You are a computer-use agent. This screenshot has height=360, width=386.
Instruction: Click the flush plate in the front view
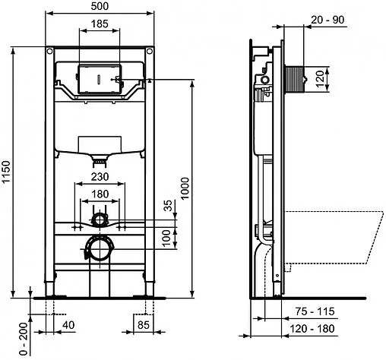99,77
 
